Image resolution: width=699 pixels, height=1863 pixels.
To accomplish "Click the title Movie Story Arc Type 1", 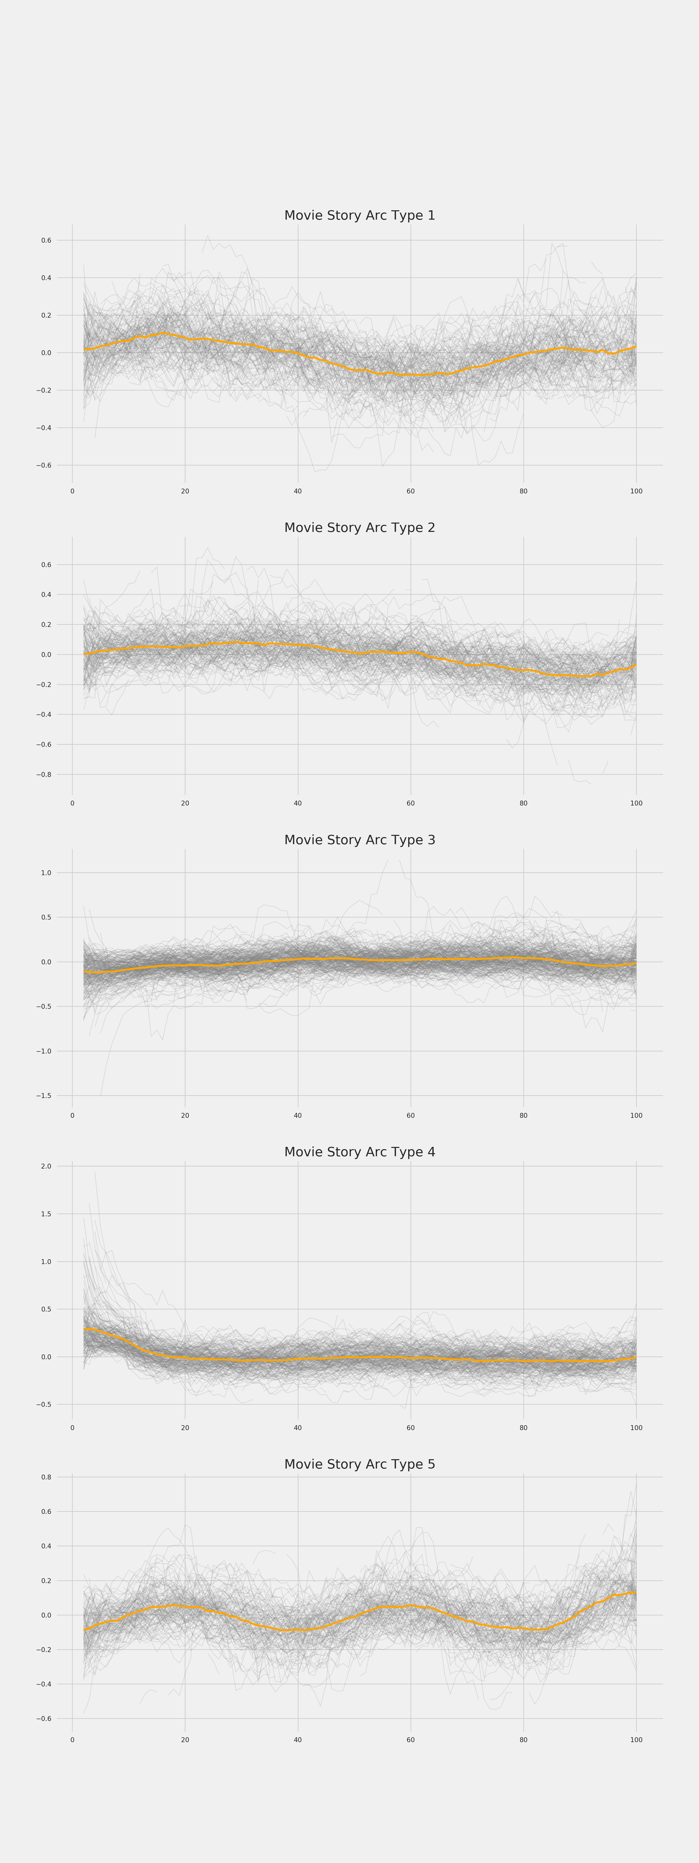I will [x=360, y=215].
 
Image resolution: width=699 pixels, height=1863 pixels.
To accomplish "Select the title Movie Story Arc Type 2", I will [x=360, y=528].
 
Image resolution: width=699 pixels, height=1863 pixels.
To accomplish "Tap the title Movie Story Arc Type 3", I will [x=360, y=840].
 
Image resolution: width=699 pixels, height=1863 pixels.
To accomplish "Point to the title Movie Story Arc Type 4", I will [x=360, y=1152].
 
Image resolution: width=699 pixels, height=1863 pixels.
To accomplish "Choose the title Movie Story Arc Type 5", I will [x=360, y=1465].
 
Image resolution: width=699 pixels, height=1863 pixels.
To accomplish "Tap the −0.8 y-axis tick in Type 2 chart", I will [x=44, y=775].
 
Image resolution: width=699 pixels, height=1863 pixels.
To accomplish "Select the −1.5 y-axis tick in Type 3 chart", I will [x=44, y=1096].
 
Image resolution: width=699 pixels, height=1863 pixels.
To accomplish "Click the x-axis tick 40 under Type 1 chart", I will [x=297, y=491].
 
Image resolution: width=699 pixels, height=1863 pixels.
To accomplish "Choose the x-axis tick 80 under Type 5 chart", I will [x=523, y=1740].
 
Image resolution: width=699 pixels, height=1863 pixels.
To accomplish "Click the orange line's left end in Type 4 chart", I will [x=85, y=1329].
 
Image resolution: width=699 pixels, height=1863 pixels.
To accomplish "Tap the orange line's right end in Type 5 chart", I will [x=635, y=1593].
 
